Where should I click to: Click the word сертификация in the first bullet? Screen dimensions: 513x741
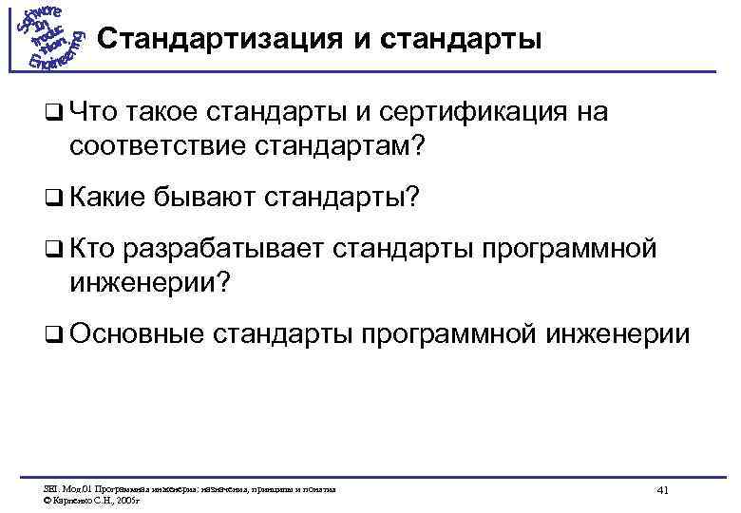[459, 114]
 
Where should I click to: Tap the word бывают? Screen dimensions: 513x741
[202, 198]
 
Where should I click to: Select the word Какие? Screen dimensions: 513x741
[106, 198]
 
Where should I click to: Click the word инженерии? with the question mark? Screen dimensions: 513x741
[149, 281]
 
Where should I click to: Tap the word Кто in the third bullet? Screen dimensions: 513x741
[92, 249]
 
